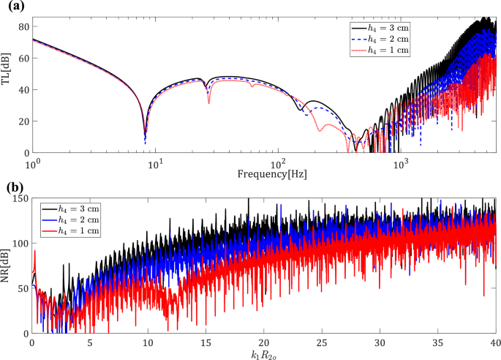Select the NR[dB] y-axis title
(7, 266)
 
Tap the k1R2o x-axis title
(264, 354)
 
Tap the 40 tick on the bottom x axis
(496, 342)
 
